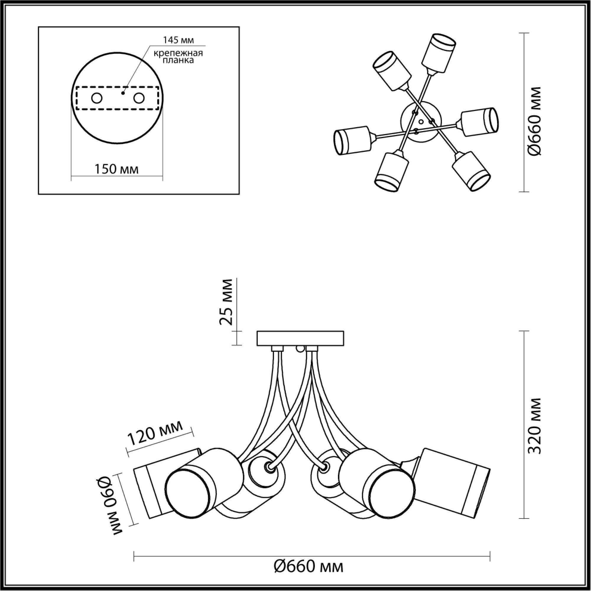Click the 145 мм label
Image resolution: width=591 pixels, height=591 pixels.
pos(179,40)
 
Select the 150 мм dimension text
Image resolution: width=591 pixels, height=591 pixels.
pos(116,169)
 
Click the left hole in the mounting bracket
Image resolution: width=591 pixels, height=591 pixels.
pos(97,98)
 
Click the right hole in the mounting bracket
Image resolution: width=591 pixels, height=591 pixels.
pos(139,98)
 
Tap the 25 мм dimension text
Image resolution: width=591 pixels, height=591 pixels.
pos(226,302)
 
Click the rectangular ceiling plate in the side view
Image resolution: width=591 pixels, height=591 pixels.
pos(301,338)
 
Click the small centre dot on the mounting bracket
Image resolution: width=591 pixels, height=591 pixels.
pos(123,93)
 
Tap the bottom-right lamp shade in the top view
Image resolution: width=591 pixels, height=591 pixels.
pos(471,171)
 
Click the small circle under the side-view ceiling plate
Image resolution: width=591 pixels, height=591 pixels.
pos(301,348)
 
